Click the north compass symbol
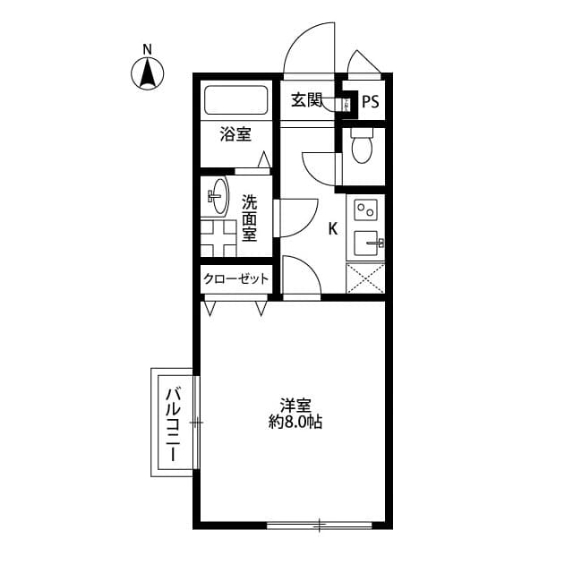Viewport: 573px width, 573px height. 148,73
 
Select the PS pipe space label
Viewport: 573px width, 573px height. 370,101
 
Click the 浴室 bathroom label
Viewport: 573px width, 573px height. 235,135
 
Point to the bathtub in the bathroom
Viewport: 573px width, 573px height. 236,99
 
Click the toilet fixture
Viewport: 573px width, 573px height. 362,148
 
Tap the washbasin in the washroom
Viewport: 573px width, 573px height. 218,196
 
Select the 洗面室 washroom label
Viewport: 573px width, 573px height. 249,218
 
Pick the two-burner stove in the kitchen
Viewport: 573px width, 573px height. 365,211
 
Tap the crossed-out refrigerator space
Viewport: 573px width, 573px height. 365,278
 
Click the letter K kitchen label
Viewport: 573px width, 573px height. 332,229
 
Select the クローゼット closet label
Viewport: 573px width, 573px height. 235,279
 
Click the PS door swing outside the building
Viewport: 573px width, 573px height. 365,65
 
